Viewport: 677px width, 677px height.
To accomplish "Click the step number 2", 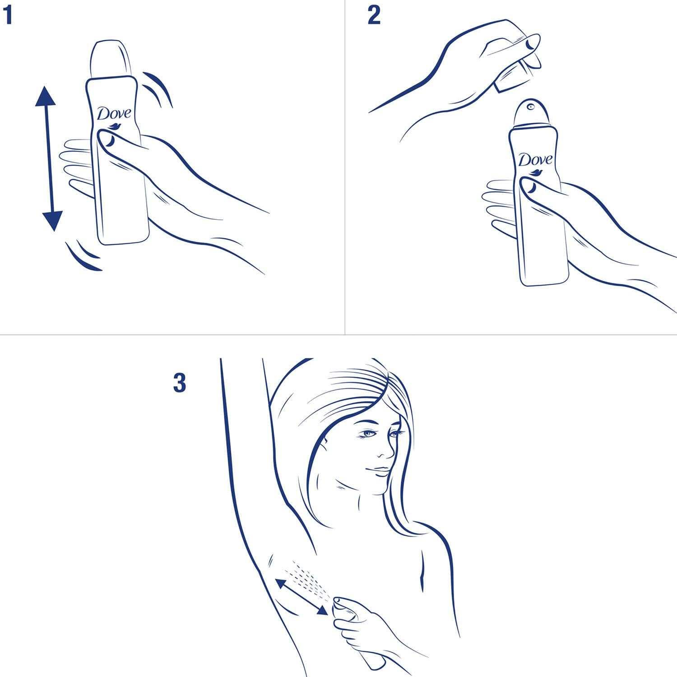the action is [x=374, y=16].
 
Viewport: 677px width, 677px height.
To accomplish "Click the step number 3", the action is [x=180, y=383].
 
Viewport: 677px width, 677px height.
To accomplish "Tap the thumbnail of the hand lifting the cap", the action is [x=533, y=43].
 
